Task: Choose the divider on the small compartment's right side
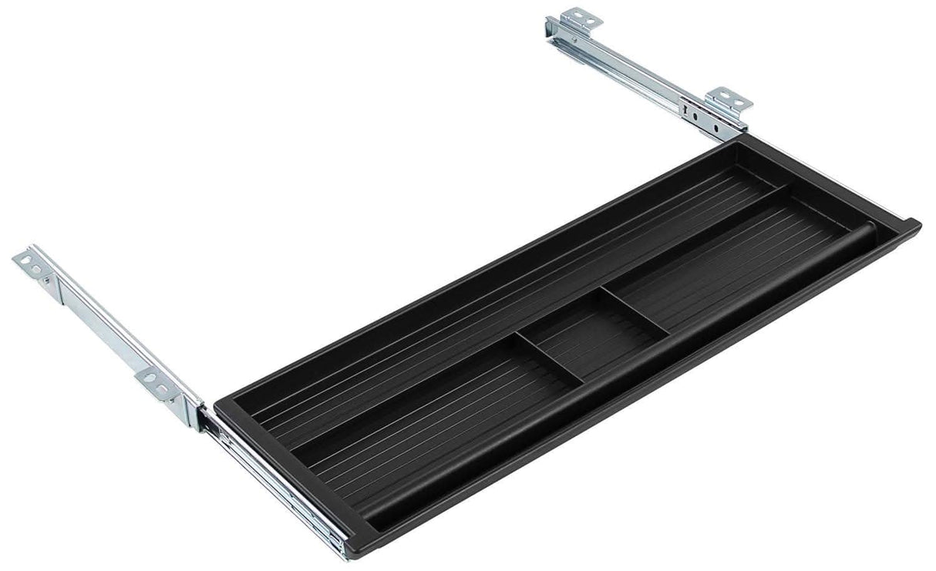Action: (x=636, y=312)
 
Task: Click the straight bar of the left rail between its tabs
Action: (x=96, y=324)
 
